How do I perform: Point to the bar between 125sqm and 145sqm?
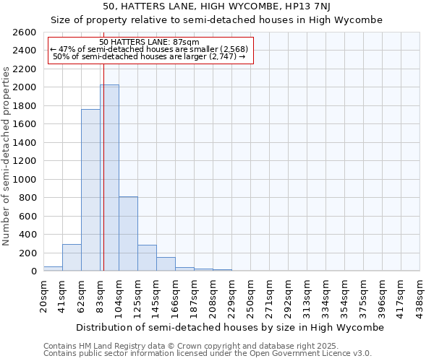tap(147, 258)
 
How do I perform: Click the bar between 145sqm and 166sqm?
tap(166, 264)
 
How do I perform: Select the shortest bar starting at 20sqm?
tap(53, 269)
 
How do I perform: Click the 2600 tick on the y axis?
tap(25, 32)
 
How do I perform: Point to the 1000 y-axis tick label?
tap(25, 179)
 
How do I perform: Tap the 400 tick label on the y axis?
tap(27, 235)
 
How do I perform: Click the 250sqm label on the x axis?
tap(250, 295)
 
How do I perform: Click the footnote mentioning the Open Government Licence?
tap(208, 353)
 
